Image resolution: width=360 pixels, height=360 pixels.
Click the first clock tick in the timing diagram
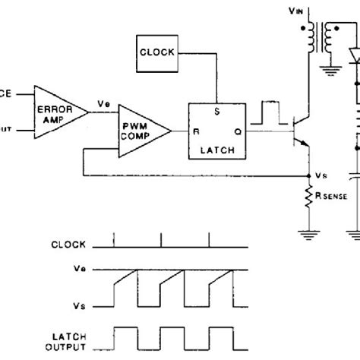pyautogui.click(x=114, y=240)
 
